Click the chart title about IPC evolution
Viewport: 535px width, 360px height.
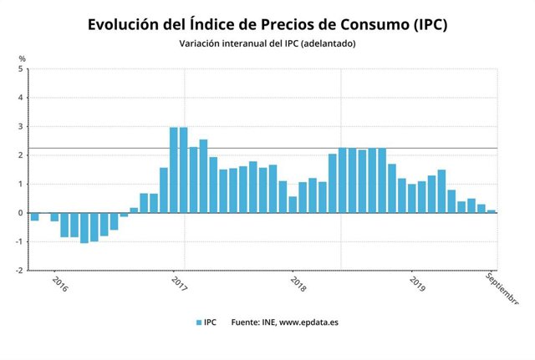click(x=267, y=24)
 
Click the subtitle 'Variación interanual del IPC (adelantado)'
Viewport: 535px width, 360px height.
click(x=267, y=43)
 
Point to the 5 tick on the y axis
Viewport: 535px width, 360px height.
click(x=20, y=69)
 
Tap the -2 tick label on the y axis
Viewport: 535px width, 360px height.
click(x=18, y=271)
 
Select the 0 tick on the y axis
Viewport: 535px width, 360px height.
click(x=20, y=213)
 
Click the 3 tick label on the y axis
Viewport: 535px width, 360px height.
click(x=20, y=127)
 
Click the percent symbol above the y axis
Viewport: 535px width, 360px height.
click(x=22, y=58)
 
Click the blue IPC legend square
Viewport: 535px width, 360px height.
click(x=198, y=322)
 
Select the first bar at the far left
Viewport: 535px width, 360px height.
click(x=34, y=216)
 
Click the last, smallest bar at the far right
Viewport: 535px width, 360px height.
click(x=492, y=211)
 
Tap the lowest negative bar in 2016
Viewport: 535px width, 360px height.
click(x=84, y=227)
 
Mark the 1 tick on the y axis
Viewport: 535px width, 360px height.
click(x=20, y=185)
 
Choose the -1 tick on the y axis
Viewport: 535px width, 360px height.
click(x=18, y=242)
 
